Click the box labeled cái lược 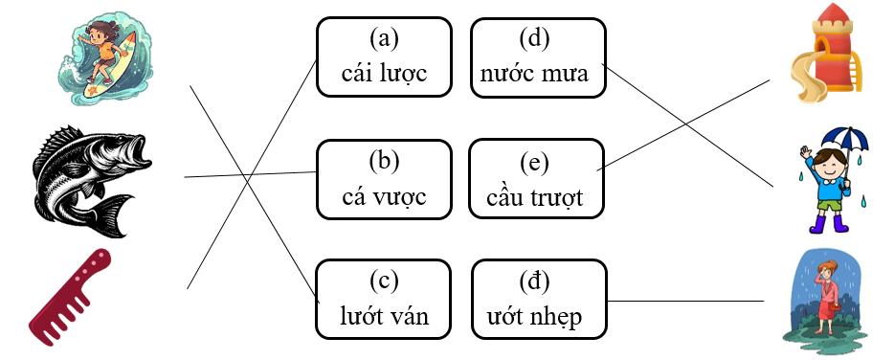pyautogui.click(x=384, y=58)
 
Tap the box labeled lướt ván pyautogui.click(x=384, y=300)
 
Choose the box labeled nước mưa pyautogui.click(x=538, y=58)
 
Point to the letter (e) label pyautogui.click(x=538, y=160)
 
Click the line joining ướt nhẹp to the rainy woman pyautogui.click(x=684, y=301)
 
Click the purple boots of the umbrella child pyautogui.click(x=828, y=224)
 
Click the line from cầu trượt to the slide pyautogui.click(x=684, y=124)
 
